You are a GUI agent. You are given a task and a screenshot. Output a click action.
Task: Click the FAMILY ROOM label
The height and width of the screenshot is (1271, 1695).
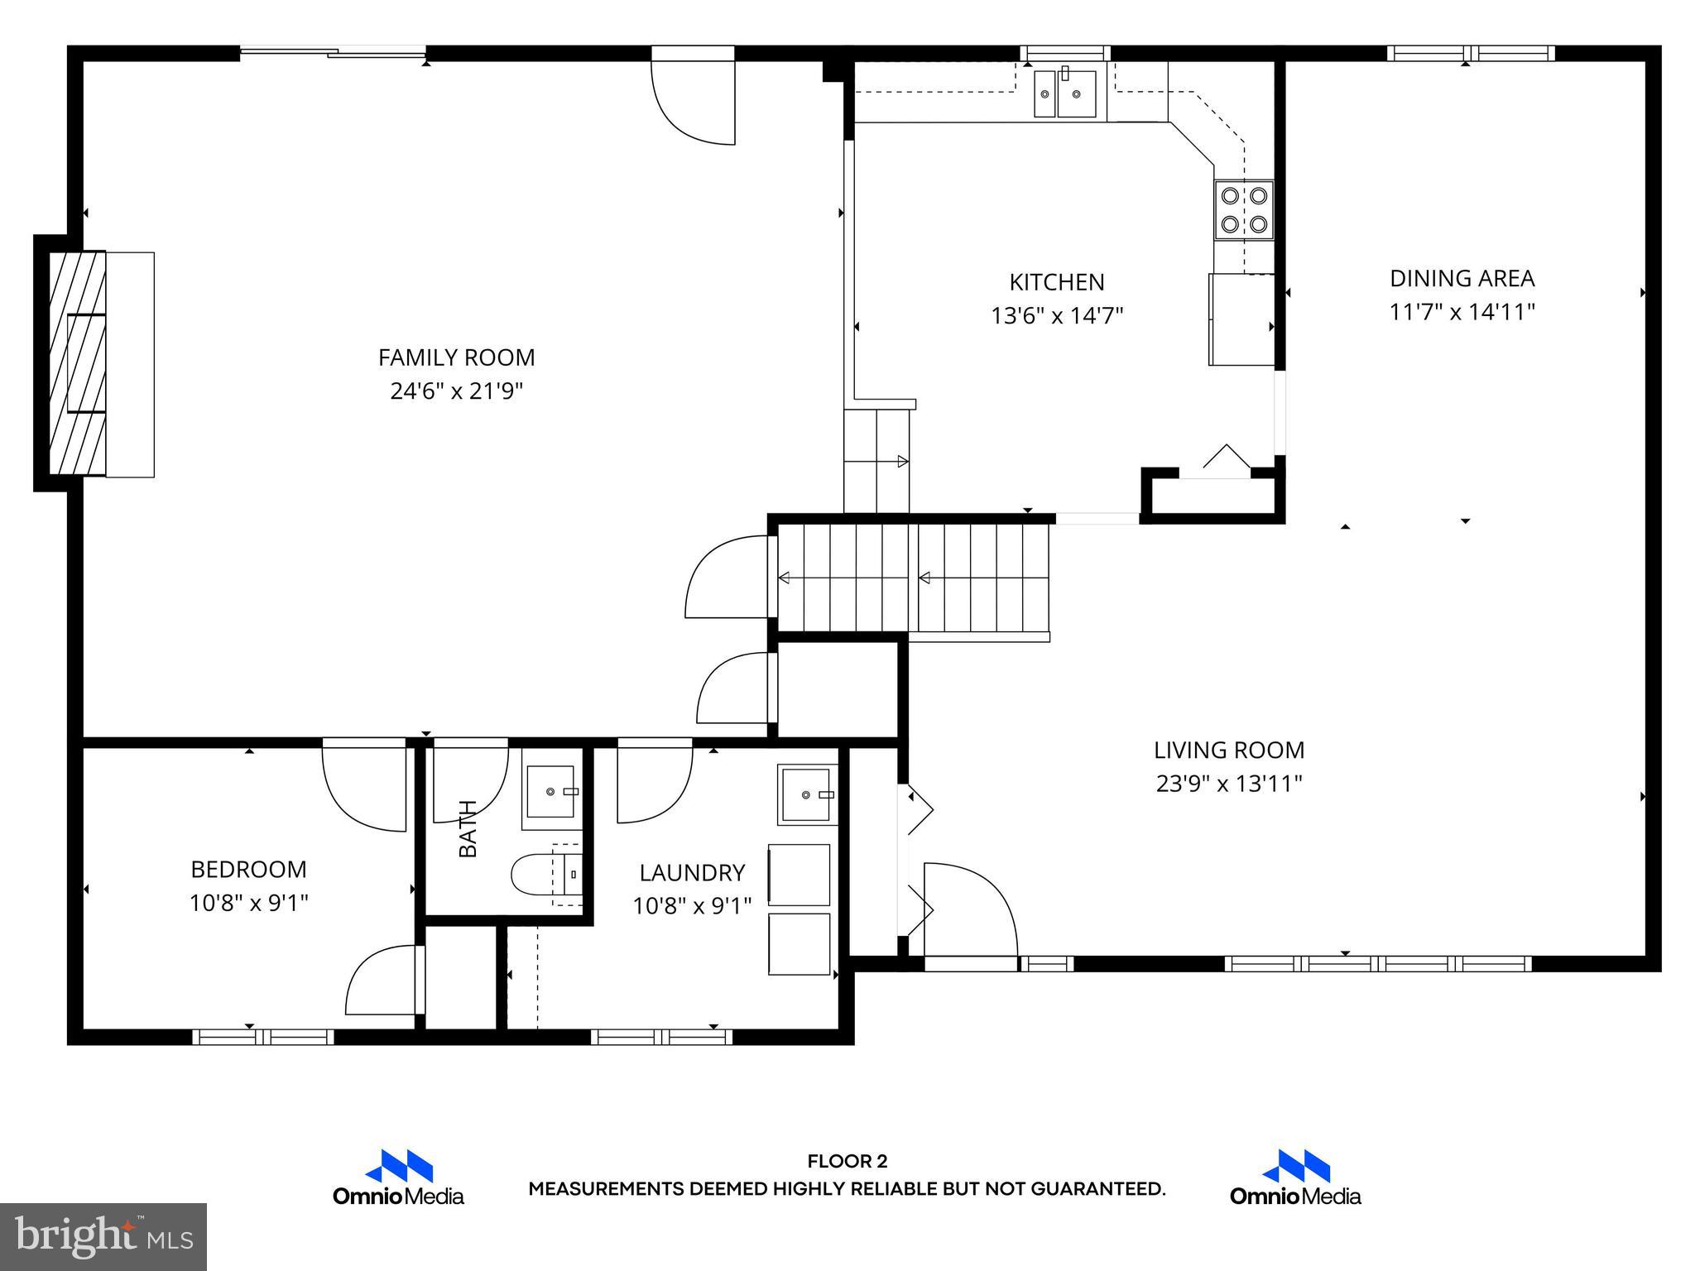click(x=456, y=357)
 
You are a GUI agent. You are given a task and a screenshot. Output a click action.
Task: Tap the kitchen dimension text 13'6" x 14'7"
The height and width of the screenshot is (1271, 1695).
click(x=1057, y=316)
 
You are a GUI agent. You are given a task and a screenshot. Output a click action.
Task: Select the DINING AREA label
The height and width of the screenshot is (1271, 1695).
click(x=1462, y=278)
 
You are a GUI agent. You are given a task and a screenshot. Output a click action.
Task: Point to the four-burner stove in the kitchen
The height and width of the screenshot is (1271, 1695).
click(x=1244, y=210)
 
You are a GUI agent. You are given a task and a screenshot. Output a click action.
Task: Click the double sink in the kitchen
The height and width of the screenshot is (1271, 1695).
click(x=1065, y=94)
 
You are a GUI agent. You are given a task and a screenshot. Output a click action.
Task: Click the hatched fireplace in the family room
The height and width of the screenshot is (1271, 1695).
click(x=78, y=363)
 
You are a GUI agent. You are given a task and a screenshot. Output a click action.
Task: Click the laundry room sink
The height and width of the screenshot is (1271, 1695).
click(x=806, y=794)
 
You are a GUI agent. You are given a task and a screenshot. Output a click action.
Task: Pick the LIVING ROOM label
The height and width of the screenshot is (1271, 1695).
click(x=1229, y=751)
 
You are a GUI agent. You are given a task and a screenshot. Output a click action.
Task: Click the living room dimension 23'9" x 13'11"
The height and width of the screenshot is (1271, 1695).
click(x=1229, y=784)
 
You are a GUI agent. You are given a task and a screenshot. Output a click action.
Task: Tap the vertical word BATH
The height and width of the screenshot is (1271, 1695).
click(x=468, y=828)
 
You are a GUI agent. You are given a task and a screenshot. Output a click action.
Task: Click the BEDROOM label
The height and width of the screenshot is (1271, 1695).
click(x=248, y=870)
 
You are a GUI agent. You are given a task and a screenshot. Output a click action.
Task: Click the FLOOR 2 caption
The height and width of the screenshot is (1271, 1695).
click(x=847, y=1162)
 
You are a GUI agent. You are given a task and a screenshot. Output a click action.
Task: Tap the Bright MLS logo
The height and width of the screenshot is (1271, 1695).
click(x=103, y=1236)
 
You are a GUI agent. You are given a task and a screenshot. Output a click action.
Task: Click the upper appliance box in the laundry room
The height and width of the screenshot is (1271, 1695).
click(x=799, y=875)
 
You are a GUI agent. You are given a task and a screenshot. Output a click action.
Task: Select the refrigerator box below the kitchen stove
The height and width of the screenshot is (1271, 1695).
click(x=1241, y=319)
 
